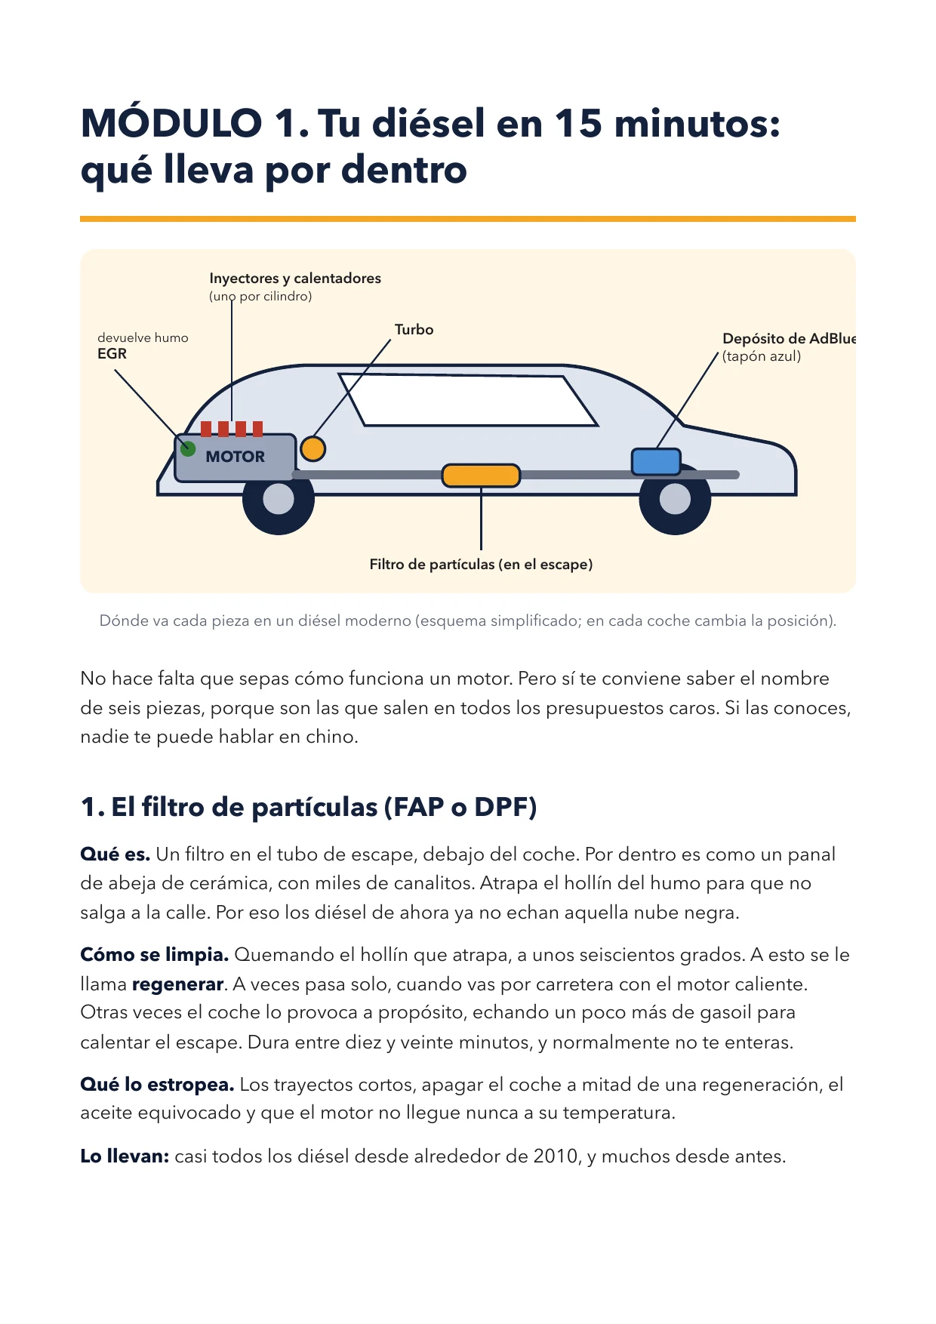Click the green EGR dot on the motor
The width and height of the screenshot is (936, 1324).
coord(188,448)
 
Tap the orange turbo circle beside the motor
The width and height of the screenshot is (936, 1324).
coord(313,448)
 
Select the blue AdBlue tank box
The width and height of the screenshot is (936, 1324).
coord(656,461)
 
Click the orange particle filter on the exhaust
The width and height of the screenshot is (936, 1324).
coord(481,476)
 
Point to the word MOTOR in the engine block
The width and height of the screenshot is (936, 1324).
coord(236,457)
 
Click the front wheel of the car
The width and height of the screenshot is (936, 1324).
coord(279,500)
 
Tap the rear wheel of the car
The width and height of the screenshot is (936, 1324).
coord(675,500)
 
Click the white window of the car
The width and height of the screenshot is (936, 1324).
coord(468,400)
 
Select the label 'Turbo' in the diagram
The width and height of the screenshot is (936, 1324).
coord(414,330)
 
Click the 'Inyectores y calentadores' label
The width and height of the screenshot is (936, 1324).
coord(295,279)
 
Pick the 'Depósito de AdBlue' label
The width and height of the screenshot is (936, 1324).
coord(789,338)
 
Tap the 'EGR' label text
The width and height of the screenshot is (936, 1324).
coord(112,354)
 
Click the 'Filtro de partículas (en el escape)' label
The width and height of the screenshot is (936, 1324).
coord(481,565)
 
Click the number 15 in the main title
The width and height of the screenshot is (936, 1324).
coord(579,123)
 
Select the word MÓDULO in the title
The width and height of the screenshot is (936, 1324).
coord(171,122)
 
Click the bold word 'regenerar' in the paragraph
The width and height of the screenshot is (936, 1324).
coord(178,984)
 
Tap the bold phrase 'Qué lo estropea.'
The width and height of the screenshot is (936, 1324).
coord(157,1085)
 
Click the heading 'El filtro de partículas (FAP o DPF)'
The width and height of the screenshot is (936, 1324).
coord(324,808)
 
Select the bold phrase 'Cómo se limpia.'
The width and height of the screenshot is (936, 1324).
coord(155,955)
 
